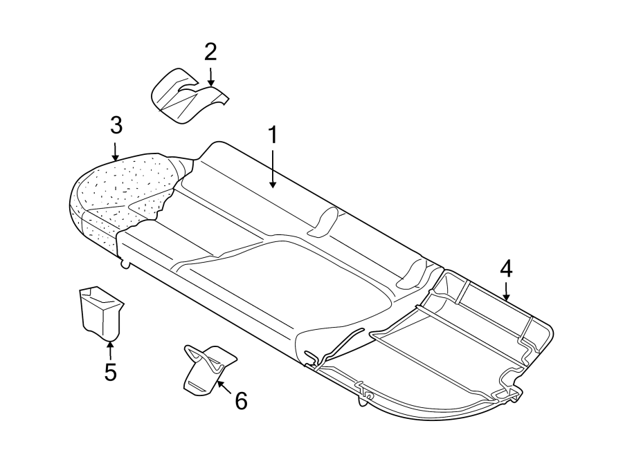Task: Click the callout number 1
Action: pos(273,135)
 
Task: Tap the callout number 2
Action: pos(210,51)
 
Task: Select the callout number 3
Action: pos(116,125)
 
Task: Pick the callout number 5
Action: pos(110,371)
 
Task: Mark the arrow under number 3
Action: pos(116,150)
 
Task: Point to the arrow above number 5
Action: pos(110,350)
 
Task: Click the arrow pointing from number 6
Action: pos(223,385)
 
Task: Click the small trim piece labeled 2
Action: pos(185,97)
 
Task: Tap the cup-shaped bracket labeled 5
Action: pos(100,313)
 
